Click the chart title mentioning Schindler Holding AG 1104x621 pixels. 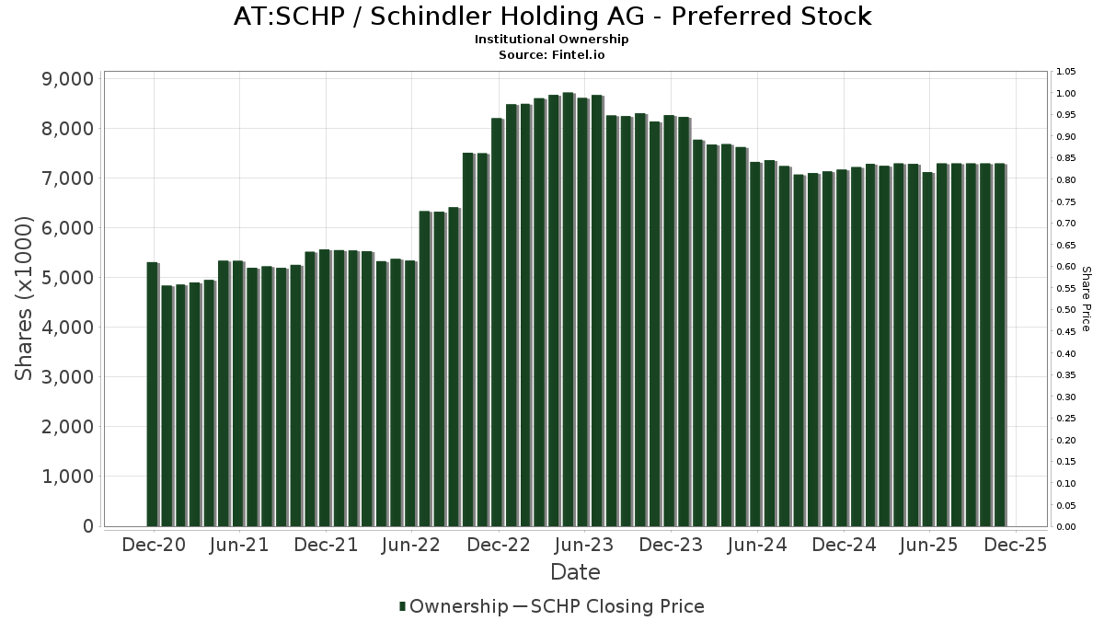(x=552, y=17)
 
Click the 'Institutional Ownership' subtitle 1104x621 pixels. (x=552, y=40)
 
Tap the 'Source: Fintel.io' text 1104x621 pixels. (x=552, y=54)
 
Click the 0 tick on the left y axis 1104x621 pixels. (x=88, y=526)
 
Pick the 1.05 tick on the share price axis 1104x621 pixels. (x=1066, y=72)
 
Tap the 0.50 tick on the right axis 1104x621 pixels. (x=1066, y=310)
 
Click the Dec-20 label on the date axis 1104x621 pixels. (x=153, y=545)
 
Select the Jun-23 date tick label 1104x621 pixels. (x=584, y=545)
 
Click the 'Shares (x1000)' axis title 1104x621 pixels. (x=25, y=298)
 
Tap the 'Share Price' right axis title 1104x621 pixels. (x=1086, y=298)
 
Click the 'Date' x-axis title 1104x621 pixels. (x=575, y=572)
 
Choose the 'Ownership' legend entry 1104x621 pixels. (x=458, y=606)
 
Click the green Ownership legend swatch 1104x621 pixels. (x=403, y=606)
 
